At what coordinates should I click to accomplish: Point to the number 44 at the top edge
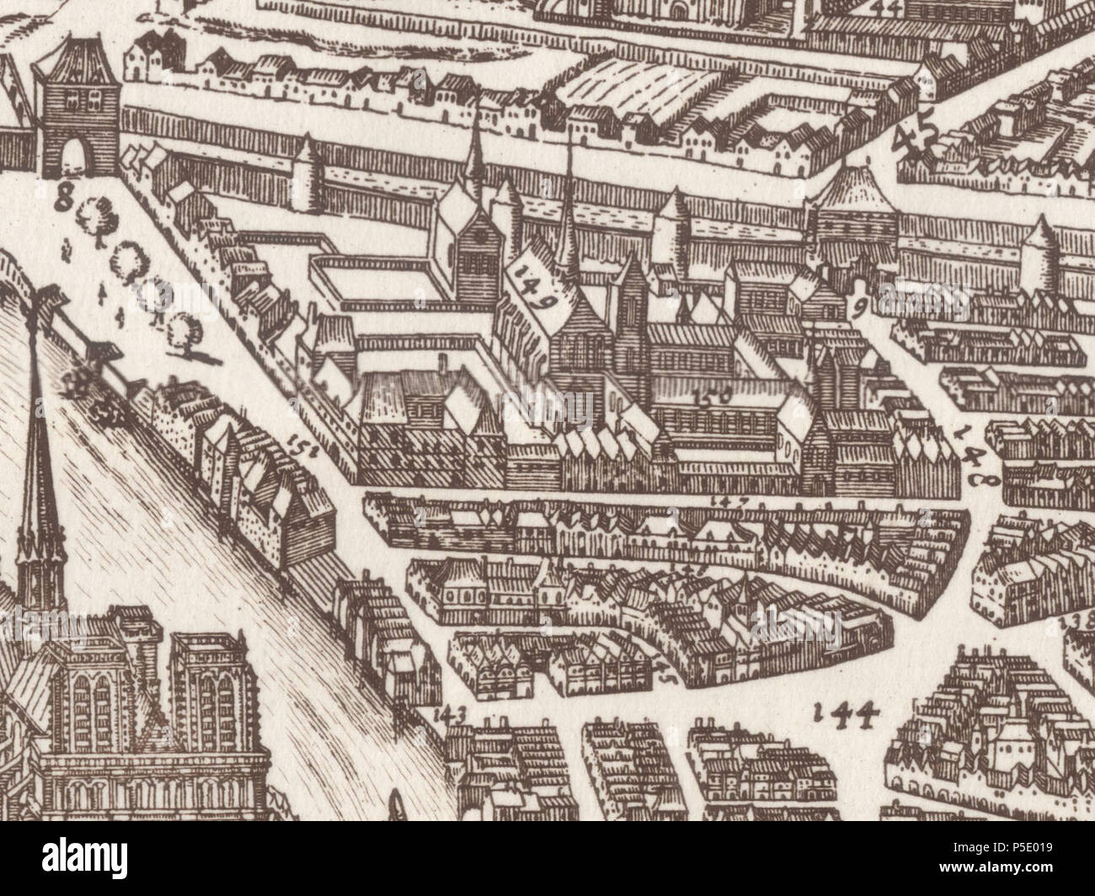(x=886, y=8)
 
